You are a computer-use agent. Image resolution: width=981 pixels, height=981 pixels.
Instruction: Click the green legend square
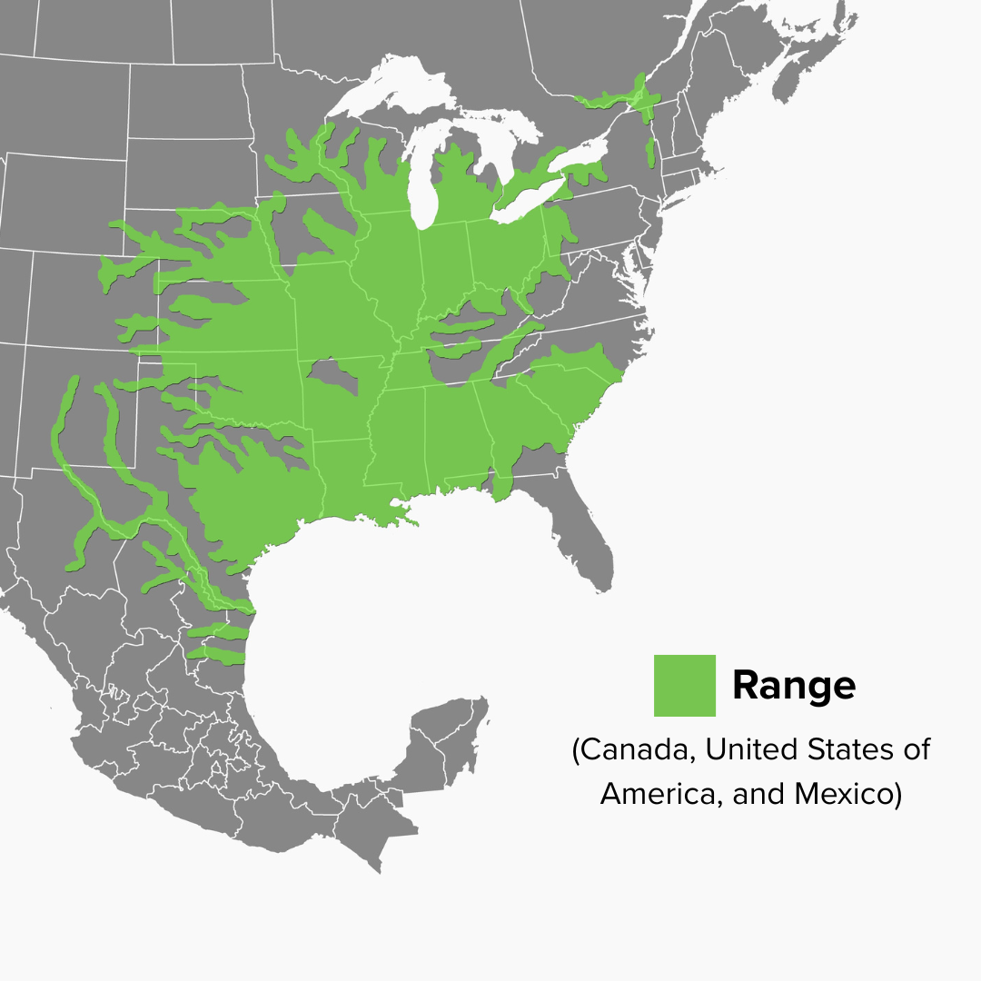684,685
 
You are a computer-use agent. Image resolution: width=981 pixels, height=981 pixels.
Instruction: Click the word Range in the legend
793,685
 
